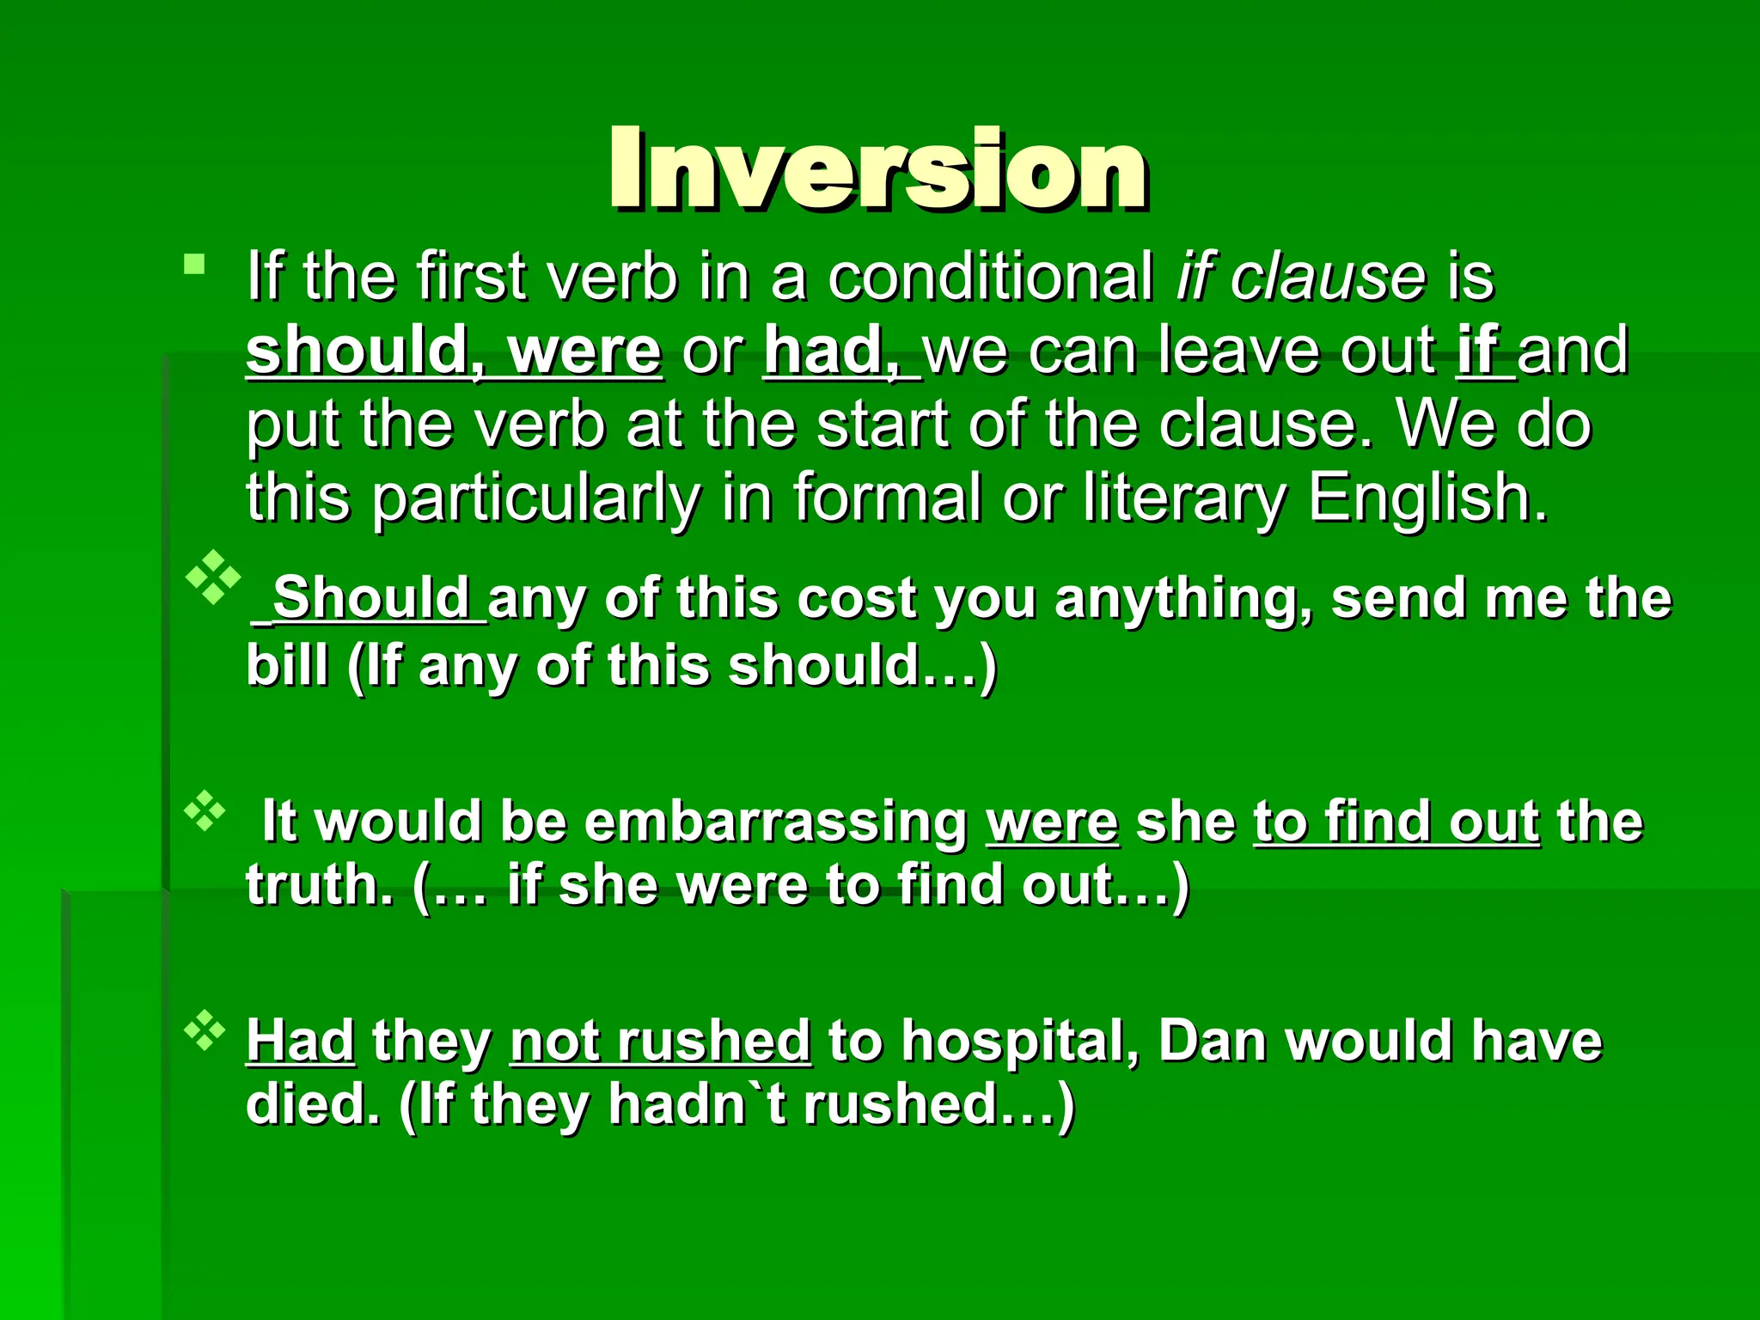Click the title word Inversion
[878, 168]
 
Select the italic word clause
[1329, 277]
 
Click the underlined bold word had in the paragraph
[829, 351]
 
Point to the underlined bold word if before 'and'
[1479, 351]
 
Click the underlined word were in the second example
[1052, 822]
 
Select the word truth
[319, 885]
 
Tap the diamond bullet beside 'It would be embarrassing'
[205, 810]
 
